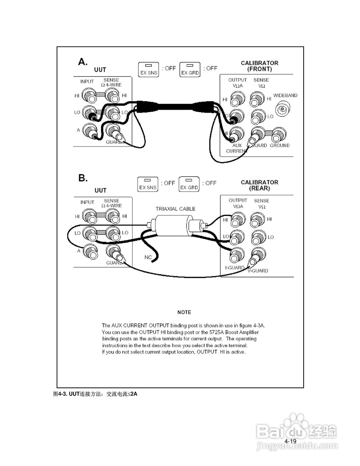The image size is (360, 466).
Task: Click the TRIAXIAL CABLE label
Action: (175, 209)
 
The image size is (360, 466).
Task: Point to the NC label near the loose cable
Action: (148, 257)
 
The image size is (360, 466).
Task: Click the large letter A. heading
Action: (83, 62)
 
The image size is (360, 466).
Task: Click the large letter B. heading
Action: (83, 178)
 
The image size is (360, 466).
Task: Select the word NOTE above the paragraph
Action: (184, 312)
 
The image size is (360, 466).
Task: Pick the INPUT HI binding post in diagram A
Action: (89, 96)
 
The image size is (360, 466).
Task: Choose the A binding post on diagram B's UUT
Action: (90, 251)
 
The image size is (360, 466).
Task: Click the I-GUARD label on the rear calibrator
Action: (235, 268)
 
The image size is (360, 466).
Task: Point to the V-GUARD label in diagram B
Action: (258, 270)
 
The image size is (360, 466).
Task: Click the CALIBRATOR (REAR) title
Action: (259, 185)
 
